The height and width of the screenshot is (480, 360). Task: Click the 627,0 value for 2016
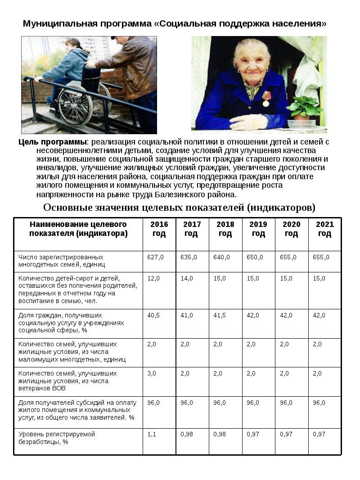click(x=155, y=257)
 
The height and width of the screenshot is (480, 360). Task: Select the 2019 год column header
click(x=258, y=229)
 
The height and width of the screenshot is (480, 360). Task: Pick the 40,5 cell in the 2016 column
click(x=154, y=315)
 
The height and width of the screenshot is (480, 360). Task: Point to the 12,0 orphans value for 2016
click(x=153, y=278)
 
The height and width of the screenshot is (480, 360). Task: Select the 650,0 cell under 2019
click(x=255, y=257)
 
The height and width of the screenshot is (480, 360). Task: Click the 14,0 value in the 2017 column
click(x=187, y=278)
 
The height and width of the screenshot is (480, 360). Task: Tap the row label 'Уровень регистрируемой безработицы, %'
click(x=57, y=438)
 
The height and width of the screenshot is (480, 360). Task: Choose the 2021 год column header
click(x=324, y=229)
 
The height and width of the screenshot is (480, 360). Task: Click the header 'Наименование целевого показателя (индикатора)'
click(x=78, y=229)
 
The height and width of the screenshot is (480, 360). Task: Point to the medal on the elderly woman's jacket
click(x=266, y=100)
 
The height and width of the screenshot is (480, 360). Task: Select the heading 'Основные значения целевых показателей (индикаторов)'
click(x=179, y=208)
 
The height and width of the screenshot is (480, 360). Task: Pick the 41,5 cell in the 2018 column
click(x=220, y=315)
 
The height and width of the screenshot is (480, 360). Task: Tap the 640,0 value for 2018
click(x=221, y=257)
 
